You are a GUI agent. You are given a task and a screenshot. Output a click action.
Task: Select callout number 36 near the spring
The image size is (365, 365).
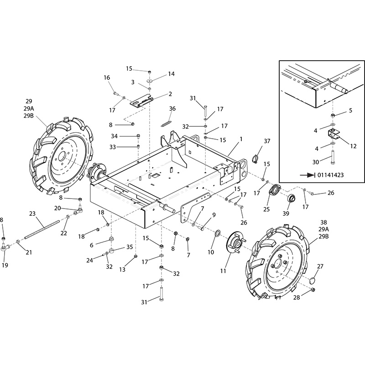click(x=172, y=109)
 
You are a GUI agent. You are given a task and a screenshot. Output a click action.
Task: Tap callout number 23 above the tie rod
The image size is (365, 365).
click(x=32, y=213)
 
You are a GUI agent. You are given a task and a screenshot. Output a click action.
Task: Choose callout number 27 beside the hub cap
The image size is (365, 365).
click(x=320, y=267)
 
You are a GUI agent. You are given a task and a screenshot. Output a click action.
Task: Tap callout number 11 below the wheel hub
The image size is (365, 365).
click(x=223, y=271)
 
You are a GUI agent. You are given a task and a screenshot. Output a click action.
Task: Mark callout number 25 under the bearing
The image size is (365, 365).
click(x=266, y=209)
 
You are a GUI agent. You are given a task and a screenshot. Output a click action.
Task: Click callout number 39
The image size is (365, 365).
click(x=286, y=214)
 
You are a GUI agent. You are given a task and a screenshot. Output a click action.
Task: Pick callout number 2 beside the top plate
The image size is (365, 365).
click(x=170, y=94)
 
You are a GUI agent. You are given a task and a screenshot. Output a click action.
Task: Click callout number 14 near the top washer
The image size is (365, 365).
click(x=171, y=74)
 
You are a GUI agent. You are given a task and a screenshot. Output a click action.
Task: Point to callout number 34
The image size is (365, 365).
click(x=115, y=136)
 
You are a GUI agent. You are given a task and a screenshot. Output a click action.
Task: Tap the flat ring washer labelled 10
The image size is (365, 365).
click(x=217, y=234)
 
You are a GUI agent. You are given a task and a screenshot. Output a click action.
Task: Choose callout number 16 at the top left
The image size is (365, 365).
click(x=107, y=78)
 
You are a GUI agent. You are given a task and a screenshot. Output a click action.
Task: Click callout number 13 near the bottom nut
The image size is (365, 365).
click(x=122, y=270)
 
